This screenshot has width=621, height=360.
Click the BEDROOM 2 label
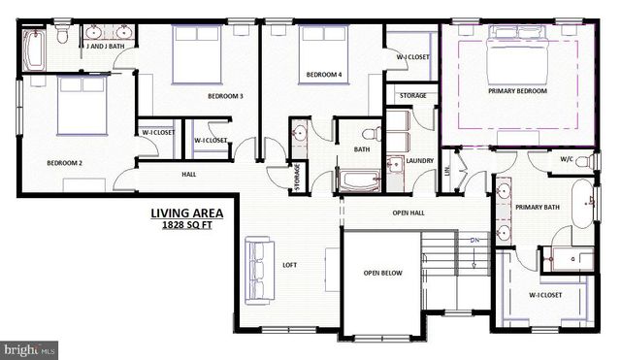pos(64,164)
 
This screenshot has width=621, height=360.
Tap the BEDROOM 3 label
pos(225,96)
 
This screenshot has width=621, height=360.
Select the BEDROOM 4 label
pos(324,75)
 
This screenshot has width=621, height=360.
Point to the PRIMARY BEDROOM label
pos(517,91)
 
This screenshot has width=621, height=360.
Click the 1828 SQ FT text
pos(186,226)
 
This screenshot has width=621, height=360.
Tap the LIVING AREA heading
pos(186,213)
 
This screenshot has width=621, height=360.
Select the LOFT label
pos(290,264)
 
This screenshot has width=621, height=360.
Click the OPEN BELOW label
pos(383,274)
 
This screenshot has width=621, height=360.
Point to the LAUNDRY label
pos(419,161)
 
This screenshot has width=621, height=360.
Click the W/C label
pos(567,160)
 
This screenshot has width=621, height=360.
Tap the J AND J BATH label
pos(104,46)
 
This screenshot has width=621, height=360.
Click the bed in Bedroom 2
pos(81,105)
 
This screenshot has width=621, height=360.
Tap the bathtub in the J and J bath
pos(34,50)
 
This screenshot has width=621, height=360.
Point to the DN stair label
pos(474,240)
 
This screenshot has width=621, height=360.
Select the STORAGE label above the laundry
pos(412,96)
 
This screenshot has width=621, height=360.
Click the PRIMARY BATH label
pos(536,207)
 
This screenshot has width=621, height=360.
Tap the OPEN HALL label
pos(409,213)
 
